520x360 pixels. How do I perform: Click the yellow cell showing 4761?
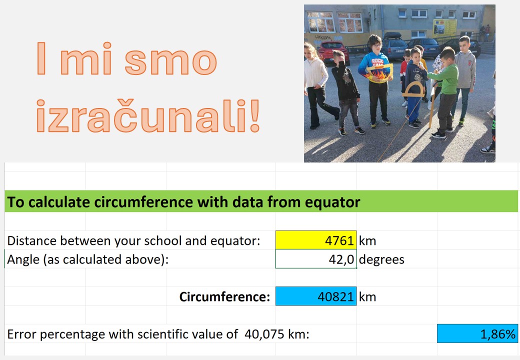click(x=316, y=240)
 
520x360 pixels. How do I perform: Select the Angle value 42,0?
click(x=341, y=259)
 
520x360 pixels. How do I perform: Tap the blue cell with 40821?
click(x=316, y=296)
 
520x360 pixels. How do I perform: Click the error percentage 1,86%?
click(x=477, y=333)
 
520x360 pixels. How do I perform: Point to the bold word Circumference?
click(x=225, y=296)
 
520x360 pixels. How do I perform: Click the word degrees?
click(x=381, y=259)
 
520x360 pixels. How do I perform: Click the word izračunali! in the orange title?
click(x=148, y=115)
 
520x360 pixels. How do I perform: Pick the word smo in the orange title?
click(x=171, y=61)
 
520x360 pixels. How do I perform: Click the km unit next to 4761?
click(x=367, y=240)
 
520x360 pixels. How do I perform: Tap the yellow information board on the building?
click(x=444, y=27)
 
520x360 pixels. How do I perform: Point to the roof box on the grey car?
click(x=392, y=35)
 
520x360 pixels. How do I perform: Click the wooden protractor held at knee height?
click(x=413, y=89)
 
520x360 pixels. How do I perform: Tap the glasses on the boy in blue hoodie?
click(x=374, y=45)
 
